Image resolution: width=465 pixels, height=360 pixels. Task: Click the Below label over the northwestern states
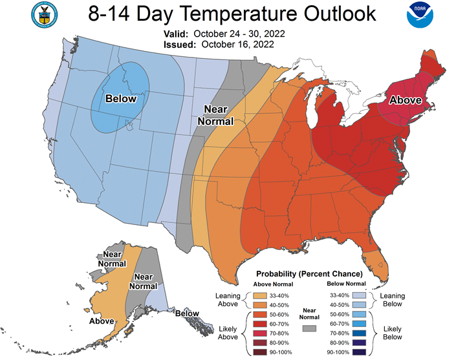122,99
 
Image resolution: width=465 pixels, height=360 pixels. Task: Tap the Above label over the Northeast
405,100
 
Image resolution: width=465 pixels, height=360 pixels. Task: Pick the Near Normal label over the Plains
216,114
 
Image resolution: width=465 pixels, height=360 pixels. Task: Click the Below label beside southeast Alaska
186,313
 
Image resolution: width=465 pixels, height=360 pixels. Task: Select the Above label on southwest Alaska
102,320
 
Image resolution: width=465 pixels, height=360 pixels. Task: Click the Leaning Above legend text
228,299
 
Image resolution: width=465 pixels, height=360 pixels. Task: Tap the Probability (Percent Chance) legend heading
309,274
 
